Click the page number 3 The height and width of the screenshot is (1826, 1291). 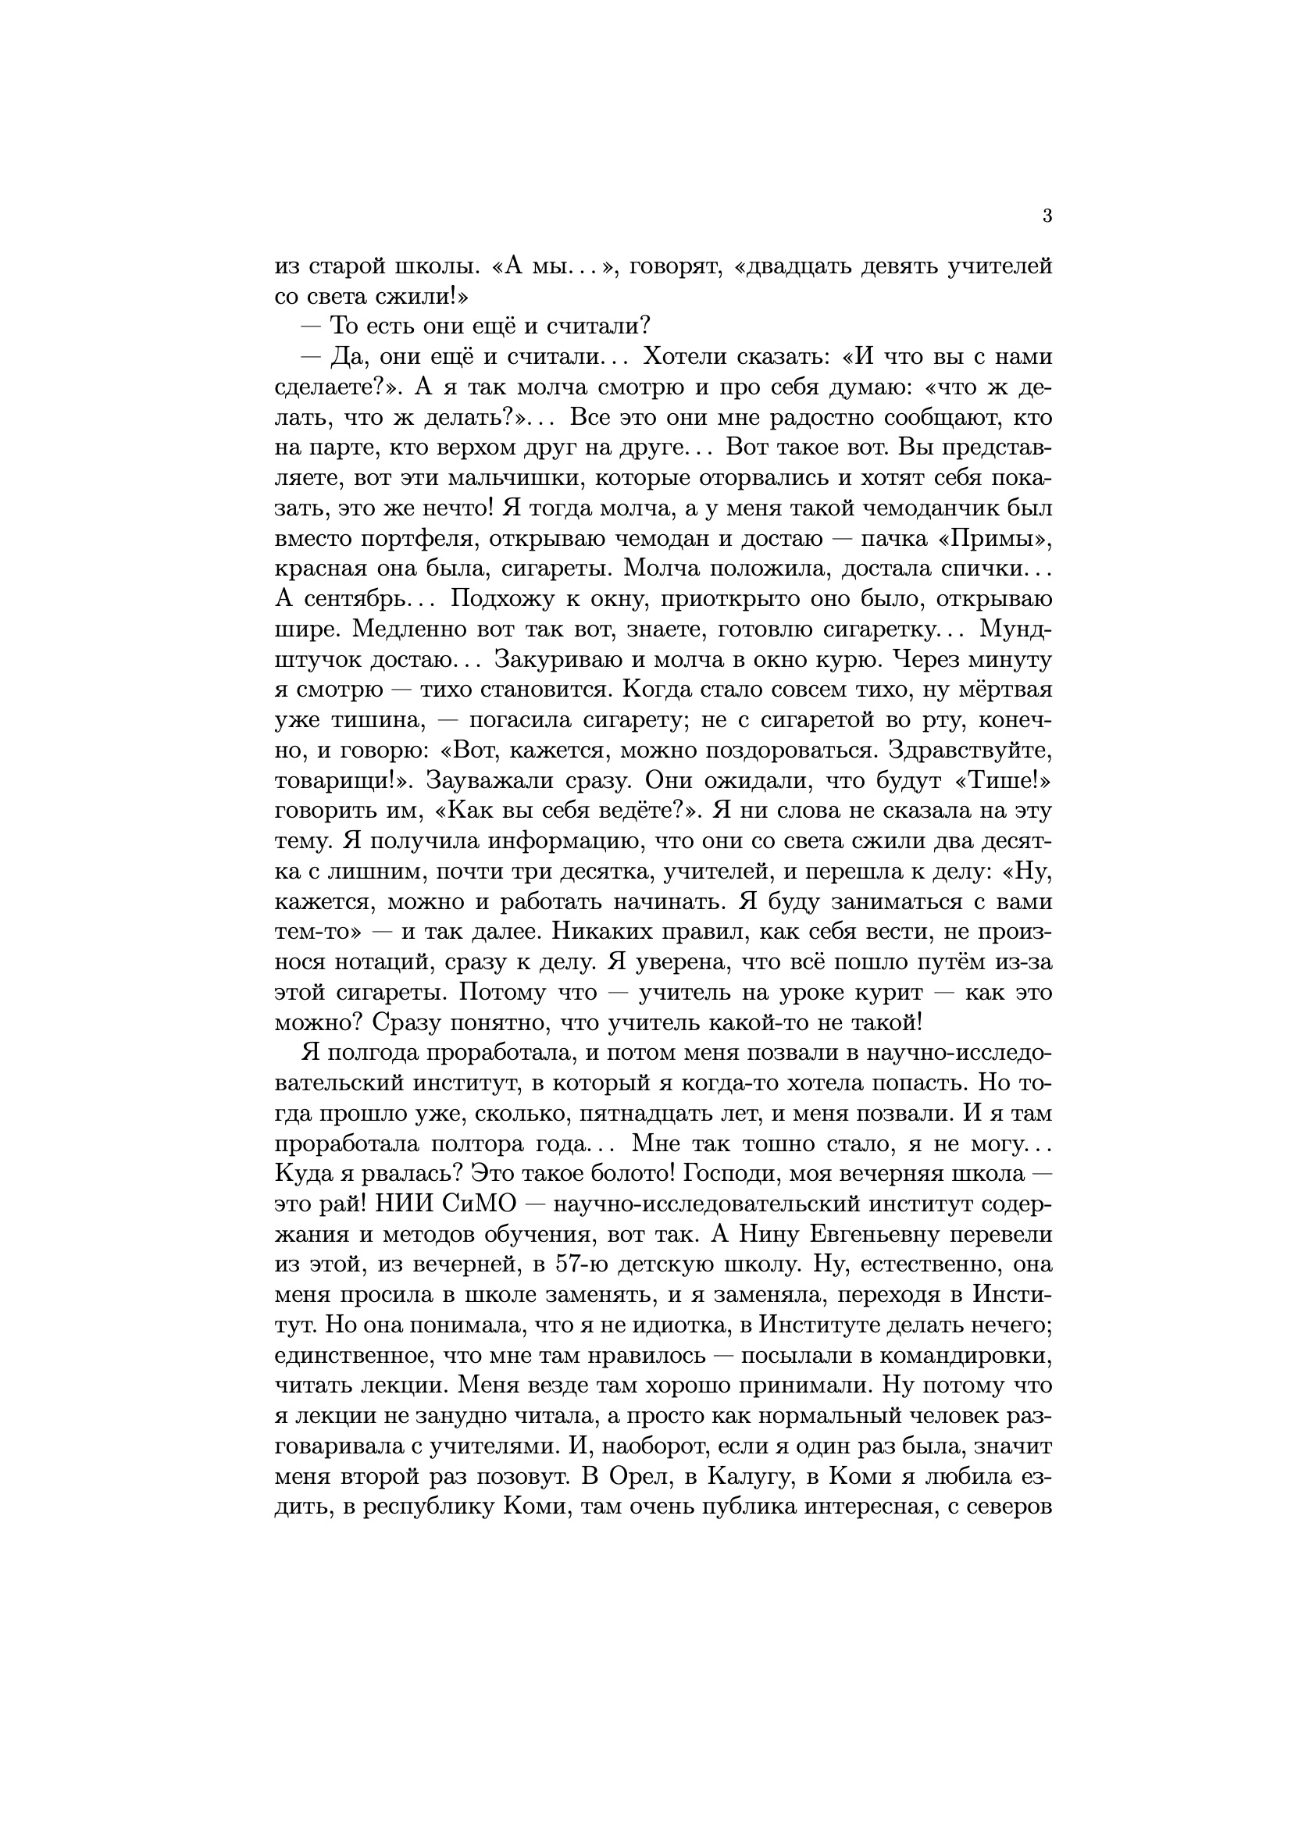click(1047, 216)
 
